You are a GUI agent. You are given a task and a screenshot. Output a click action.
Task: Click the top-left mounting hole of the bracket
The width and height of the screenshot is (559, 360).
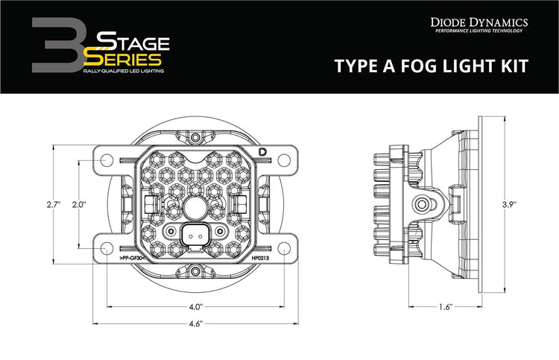point(104,159)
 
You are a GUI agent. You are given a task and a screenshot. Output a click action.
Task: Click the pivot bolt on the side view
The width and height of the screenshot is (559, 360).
point(423,203)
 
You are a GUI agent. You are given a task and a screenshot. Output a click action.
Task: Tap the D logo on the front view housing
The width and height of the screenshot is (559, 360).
point(262,152)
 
